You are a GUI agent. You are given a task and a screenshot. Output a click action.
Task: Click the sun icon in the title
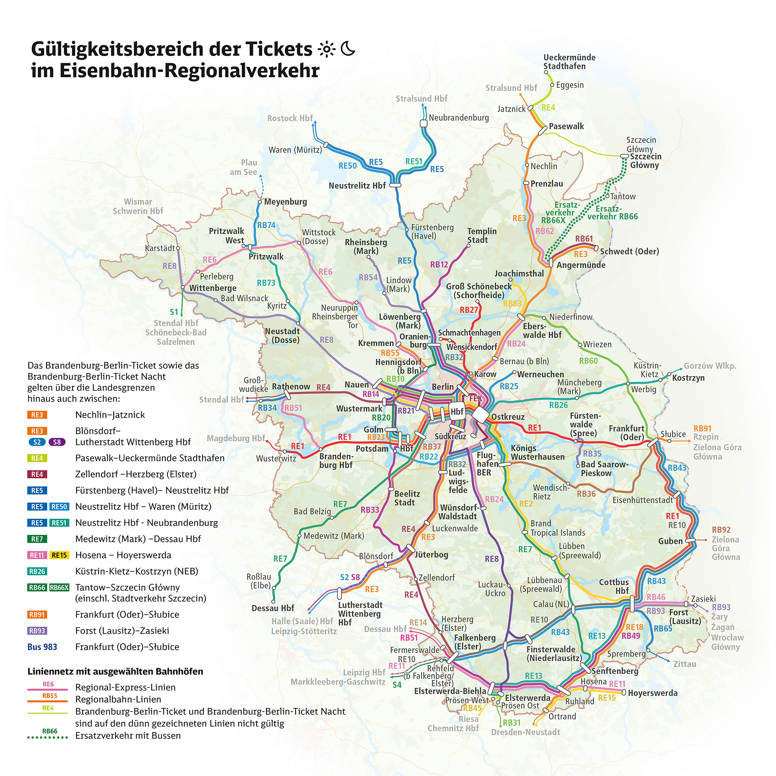[x=326, y=49]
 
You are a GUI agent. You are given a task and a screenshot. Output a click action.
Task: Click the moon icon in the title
[x=348, y=48]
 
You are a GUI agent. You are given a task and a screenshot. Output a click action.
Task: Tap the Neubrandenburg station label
[x=459, y=118]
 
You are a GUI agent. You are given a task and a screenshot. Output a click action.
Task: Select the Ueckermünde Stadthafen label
[x=569, y=62]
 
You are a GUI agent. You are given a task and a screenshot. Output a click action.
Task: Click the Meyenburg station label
[x=285, y=202]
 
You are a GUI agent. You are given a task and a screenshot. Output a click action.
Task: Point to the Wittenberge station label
[x=213, y=288]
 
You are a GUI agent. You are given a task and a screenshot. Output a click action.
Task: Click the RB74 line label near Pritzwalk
[x=266, y=225]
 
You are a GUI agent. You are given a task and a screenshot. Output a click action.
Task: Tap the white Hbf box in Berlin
[x=457, y=412]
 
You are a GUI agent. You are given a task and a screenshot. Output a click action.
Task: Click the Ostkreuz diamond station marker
[x=480, y=415]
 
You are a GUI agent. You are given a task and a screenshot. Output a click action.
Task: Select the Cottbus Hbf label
[x=614, y=586]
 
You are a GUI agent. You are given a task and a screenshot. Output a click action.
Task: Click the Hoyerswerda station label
[x=653, y=693]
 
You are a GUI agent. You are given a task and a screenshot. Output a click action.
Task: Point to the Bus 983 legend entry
[x=42, y=647]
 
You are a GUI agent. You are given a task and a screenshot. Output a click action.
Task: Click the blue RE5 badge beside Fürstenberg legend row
[x=37, y=490]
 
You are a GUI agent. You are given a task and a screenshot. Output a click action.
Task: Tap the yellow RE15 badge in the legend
[x=59, y=555]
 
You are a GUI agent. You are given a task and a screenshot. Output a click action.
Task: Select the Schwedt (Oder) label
[x=629, y=251]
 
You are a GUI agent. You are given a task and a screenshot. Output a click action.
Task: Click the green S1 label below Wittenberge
[x=173, y=312]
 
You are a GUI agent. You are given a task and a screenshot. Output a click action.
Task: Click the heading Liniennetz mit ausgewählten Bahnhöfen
[x=115, y=672]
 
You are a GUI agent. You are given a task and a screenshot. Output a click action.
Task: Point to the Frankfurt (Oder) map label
[x=626, y=433]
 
